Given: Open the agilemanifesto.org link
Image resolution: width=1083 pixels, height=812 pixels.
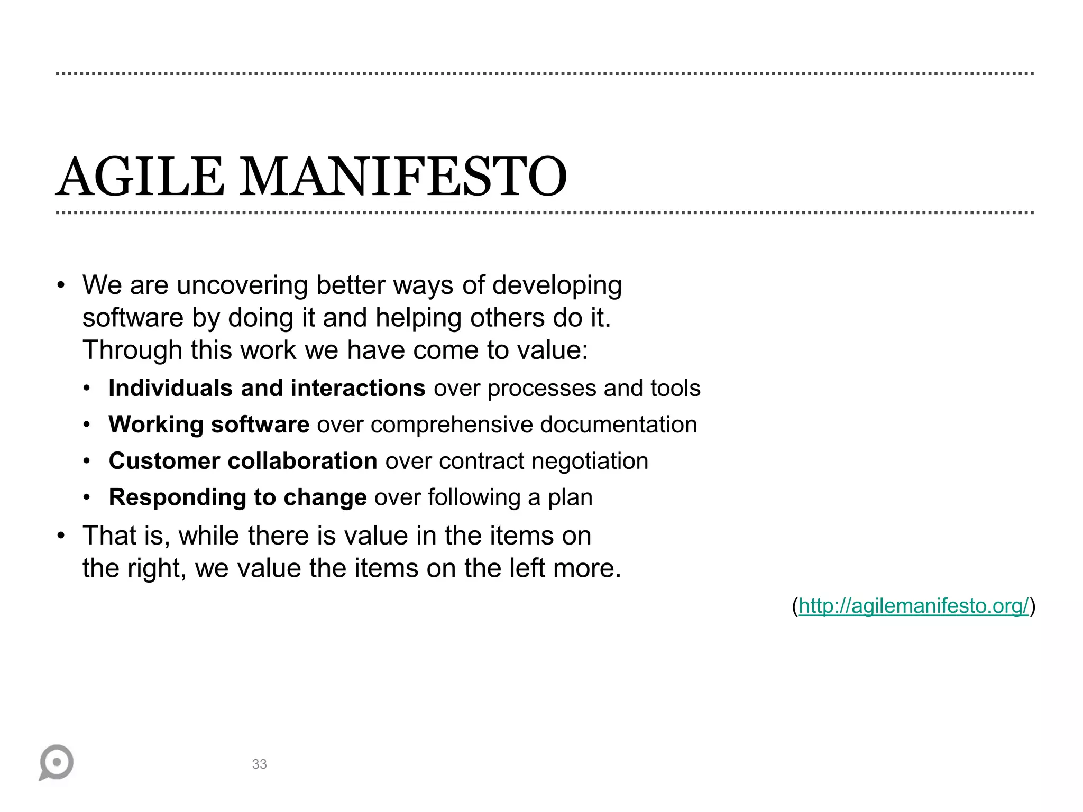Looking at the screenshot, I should (x=913, y=606).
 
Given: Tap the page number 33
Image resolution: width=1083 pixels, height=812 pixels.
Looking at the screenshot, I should (x=259, y=764).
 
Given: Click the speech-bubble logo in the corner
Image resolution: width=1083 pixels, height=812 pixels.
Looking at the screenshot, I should (x=56, y=762).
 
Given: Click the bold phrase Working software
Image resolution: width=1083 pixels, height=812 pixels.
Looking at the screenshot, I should (x=209, y=425).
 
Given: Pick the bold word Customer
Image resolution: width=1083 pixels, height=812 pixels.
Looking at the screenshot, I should (x=164, y=461).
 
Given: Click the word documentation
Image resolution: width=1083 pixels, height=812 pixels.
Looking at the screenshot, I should (x=618, y=425).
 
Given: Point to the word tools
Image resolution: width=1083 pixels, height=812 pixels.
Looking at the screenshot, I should (x=675, y=388).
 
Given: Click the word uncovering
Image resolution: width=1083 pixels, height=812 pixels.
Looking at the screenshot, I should (x=242, y=285).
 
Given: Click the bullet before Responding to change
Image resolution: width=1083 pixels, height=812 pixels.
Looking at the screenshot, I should (x=87, y=497).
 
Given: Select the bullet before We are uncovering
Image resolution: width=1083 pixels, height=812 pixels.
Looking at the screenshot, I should (x=61, y=285).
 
